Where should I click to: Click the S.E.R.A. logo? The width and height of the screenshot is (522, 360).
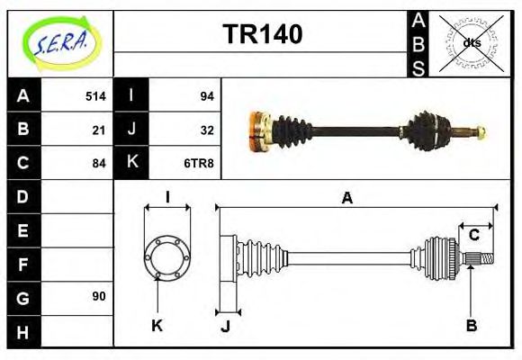point(59,40)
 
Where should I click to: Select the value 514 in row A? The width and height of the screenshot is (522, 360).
point(95,95)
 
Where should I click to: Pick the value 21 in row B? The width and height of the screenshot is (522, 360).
point(99,129)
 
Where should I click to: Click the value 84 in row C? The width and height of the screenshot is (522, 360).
point(99,163)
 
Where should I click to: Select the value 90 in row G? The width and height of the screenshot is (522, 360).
point(99,296)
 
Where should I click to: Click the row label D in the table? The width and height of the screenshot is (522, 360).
point(23,196)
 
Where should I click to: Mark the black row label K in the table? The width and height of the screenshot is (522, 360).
point(132,163)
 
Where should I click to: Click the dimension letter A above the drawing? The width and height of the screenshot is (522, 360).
point(346,199)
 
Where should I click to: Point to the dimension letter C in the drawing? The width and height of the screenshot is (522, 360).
point(473,236)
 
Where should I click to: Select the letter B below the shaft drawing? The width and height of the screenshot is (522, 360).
point(471,325)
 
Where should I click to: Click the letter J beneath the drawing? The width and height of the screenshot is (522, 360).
point(225,326)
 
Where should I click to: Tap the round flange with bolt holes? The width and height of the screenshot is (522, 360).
point(167,258)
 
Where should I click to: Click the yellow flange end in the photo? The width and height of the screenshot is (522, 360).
point(257,129)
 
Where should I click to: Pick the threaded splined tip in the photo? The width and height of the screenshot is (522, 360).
point(476,133)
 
